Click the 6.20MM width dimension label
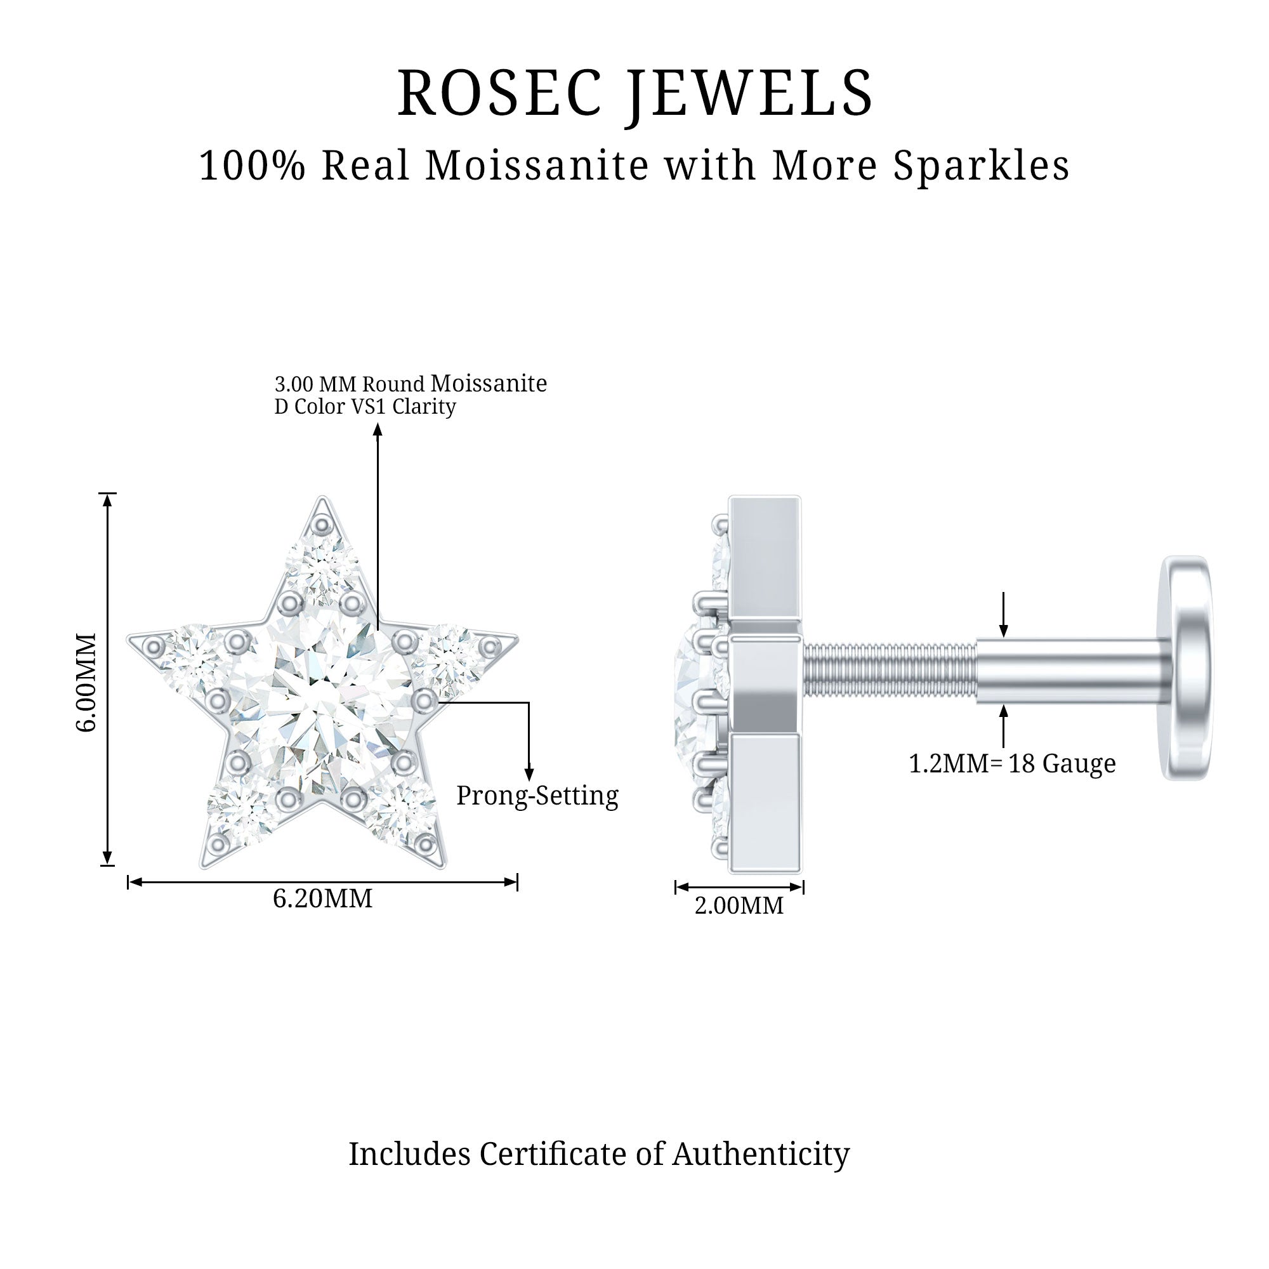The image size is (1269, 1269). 322,898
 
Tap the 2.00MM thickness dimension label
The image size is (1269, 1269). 739,906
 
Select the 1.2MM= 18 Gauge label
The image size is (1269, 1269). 1012,763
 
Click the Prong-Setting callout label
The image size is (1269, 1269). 537,796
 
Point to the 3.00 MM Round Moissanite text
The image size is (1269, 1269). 411,384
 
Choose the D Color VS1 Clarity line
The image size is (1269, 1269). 365,407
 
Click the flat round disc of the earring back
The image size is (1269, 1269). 1187,667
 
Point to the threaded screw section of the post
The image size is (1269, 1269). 890,670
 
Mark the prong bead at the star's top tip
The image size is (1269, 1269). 322,525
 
